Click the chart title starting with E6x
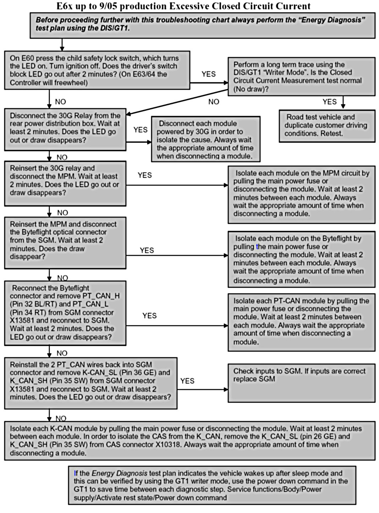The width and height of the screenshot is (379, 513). pos(183,6)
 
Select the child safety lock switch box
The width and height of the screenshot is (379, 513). pos(97,70)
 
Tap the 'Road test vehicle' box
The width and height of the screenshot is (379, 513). pos(326,126)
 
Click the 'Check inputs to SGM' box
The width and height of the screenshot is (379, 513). pos(301,382)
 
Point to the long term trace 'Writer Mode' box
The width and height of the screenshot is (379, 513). pos(301,76)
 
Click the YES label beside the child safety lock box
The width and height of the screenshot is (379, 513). pos(208,74)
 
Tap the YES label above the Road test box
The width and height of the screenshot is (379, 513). pos(329,102)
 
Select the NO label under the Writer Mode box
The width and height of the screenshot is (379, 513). pos(214,102)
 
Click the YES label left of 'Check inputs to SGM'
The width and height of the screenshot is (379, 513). pos(187,381)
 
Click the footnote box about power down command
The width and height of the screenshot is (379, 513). pos(212,485)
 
